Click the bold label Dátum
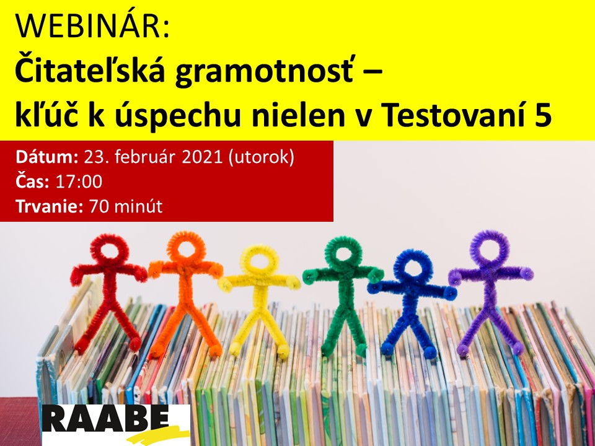(47, 157)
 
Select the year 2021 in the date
(202, 157)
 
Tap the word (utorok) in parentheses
(261, 158)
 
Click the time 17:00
(79, 181)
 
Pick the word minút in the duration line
(138, 206)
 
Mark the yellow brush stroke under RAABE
(159, 435)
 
